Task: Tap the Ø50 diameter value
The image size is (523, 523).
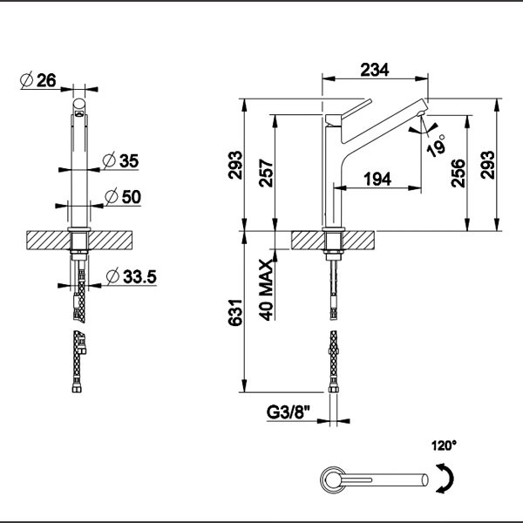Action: click(x=122, y=197)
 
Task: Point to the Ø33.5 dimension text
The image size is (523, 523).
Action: click(x=130, y=277)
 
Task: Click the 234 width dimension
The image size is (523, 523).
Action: click(x=375, y=70)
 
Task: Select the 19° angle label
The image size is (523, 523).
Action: click(x=436, y=144)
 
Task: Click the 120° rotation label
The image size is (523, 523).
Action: click(x=443, y=445)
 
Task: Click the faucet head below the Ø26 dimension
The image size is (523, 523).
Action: click(x=78, y=108)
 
